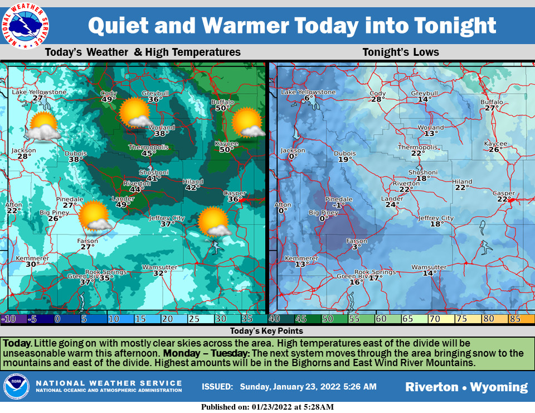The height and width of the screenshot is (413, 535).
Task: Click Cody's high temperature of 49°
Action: pos(109,99)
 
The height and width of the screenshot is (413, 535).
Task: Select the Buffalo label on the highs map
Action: pos(222,102)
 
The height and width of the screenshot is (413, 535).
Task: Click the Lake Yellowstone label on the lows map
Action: pos(308,92)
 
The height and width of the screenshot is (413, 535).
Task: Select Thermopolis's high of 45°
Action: pos(149,153)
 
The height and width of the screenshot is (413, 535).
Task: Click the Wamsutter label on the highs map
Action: pos(159,267)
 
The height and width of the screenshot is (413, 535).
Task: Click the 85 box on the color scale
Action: pos(516,319)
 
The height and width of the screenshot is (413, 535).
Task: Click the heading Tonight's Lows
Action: pos(400,52)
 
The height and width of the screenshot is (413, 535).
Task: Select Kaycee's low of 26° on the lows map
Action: pos(494,149)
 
